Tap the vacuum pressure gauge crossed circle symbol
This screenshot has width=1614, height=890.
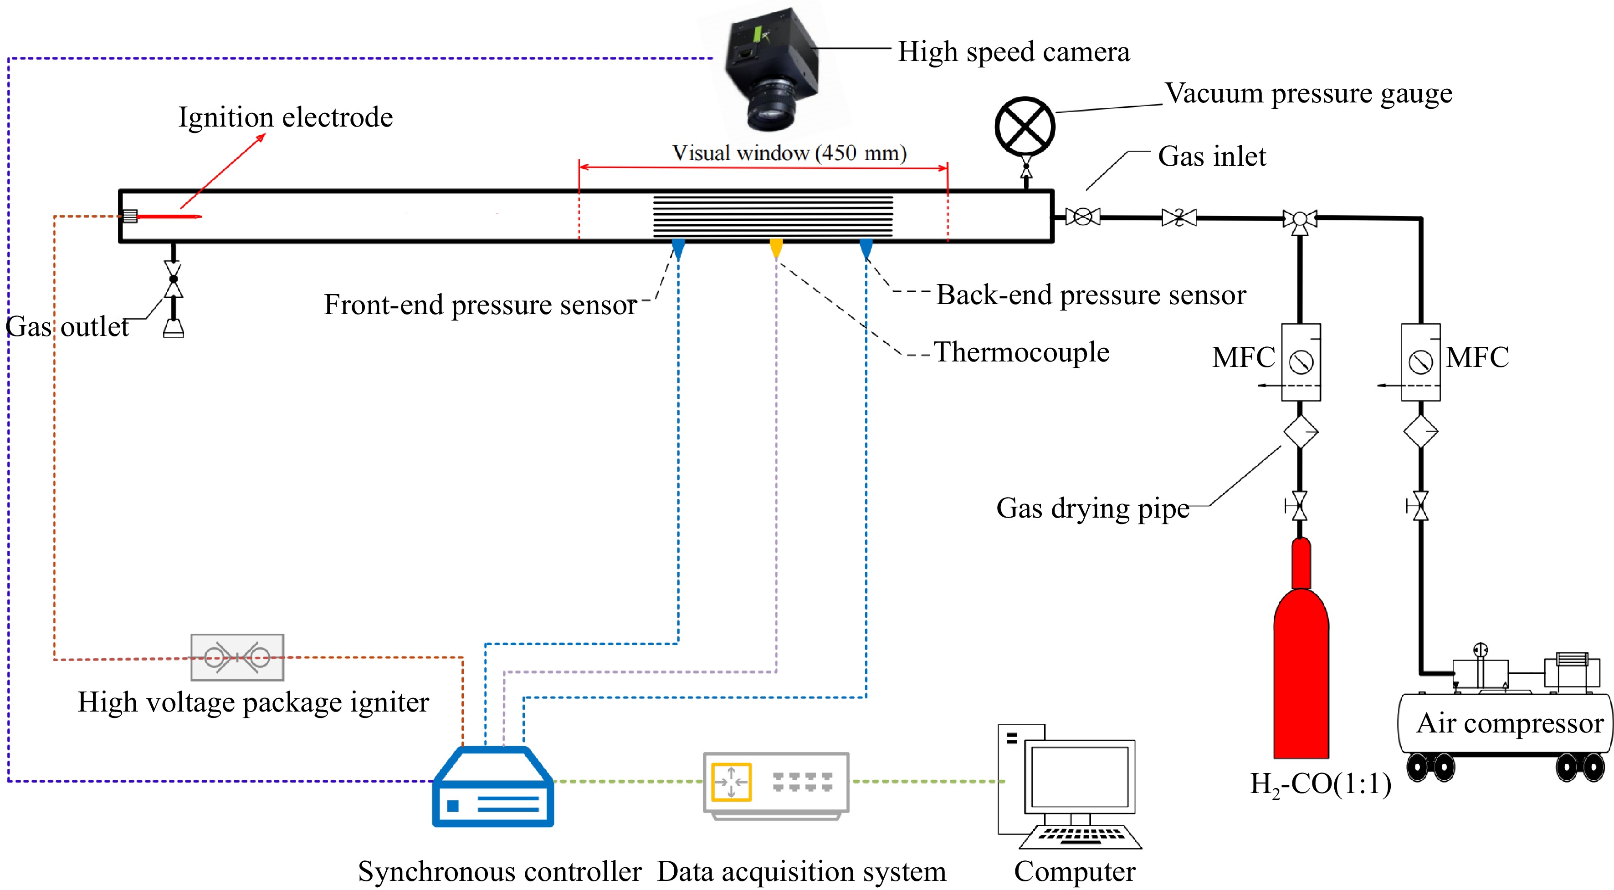point(1025,126)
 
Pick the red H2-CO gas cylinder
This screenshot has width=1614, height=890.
point(1301,664)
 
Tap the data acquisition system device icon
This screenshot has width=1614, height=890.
point(776,784)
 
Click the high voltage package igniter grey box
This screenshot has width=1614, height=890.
point(237,657)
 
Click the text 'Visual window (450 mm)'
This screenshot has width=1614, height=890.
point(789,153)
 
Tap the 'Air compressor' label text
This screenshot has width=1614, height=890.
point(1509,723)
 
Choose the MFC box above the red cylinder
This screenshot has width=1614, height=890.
point(1301,361)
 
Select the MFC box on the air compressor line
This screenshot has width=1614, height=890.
point(1420,361)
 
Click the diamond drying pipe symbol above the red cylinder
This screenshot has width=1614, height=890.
point(1301,432)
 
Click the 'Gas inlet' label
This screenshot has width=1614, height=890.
point(1212,156)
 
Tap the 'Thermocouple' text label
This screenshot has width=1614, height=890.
point(1021,352)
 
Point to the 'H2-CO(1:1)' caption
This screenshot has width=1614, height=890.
point(1320,784)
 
